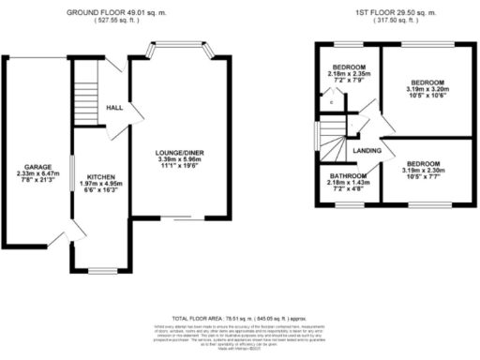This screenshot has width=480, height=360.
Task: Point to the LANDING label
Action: [x=366, y=151]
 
